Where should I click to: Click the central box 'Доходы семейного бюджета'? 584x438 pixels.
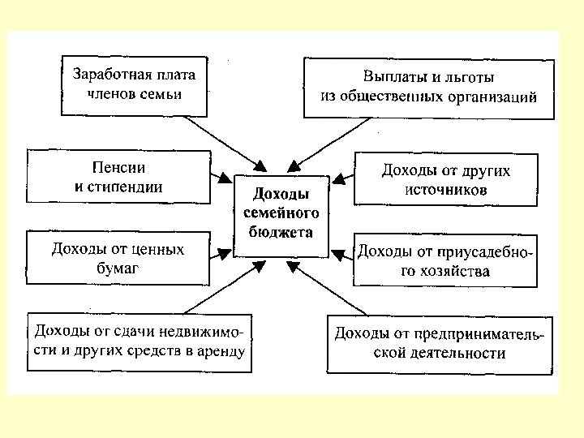pos(281,215)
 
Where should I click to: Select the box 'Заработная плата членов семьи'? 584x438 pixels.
pos(134,84)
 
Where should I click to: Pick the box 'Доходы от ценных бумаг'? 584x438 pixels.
pos(118,259)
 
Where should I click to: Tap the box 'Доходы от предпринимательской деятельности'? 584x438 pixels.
pos(439,344)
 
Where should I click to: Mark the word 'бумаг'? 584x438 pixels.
pos(118,268)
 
